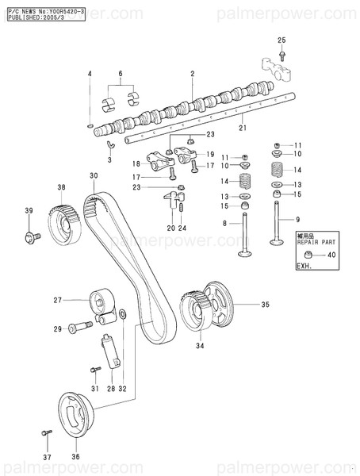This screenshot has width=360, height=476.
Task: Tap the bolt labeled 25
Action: [281, 55]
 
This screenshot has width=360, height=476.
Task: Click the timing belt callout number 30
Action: [94, 175]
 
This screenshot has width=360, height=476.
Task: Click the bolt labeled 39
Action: [34, 236]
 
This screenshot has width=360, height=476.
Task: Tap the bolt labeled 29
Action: [79, 327]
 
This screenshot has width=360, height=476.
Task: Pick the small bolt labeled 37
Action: [47, 433]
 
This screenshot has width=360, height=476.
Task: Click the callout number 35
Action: [266, 304]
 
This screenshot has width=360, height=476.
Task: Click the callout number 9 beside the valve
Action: [298, 219]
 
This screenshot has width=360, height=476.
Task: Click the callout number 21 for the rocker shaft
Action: [243, 128]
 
